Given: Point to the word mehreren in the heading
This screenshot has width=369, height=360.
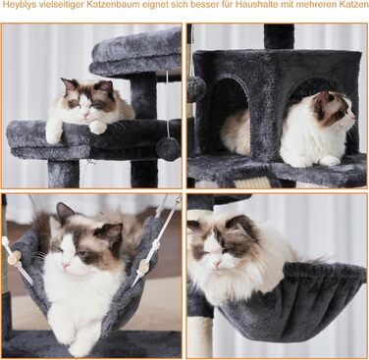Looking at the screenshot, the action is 320,5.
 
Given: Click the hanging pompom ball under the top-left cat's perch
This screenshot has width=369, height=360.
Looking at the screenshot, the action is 168,149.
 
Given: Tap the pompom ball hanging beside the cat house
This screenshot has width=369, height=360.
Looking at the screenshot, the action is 196,90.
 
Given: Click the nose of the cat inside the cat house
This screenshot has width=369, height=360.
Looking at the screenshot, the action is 353,117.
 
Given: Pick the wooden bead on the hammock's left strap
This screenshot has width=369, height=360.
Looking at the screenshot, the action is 15,258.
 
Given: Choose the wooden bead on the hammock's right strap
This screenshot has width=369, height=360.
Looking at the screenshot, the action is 143,266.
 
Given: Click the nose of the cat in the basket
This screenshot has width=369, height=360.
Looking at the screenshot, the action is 217,263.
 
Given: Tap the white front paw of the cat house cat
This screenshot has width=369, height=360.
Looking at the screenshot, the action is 329,160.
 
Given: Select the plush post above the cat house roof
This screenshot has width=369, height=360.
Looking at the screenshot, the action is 279,36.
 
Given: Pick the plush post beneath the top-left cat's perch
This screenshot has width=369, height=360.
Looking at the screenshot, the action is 64,174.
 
